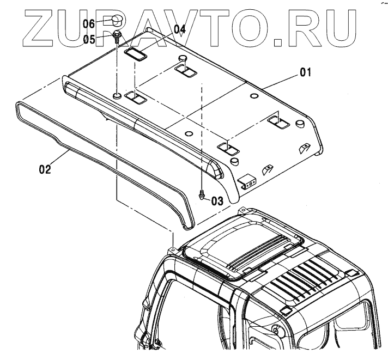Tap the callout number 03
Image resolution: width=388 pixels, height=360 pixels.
click(x=217, y=201)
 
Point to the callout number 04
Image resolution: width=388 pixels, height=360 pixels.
click(x=180, y=30)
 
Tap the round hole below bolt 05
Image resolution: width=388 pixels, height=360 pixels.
click(x=118, y=96)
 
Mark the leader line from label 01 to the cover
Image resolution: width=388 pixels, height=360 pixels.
click(x=279, y=80)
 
